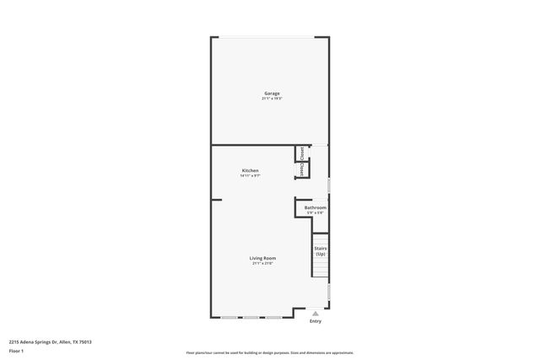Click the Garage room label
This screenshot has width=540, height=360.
click(x=272, y=93)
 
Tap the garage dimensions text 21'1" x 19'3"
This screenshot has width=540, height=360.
click(x=272, y=99)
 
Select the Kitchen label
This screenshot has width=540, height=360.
click(x=250, y=170)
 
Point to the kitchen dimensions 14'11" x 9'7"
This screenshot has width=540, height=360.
click(x=250, y=176)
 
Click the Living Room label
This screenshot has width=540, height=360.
click(x=262, y=258)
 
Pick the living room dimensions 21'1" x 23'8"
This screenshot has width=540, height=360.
click(x=262, y=264)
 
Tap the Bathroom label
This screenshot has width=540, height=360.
click(x=316, y=207)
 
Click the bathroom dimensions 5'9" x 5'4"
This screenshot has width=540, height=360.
click(x=316, y=213)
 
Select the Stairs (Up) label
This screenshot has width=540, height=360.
click(x=321, y=250)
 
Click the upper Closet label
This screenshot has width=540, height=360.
click(x=301, y=153)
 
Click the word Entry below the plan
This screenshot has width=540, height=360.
click(x=316, y=320)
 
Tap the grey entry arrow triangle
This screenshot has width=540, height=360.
click(x=316, y=312)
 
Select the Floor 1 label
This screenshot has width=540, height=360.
click(x=17, y=350)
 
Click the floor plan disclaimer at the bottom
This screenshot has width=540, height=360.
click(x=270, y=352)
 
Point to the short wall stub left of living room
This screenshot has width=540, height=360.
click(x=216, y=200)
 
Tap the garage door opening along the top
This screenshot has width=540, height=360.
click(x=270, y=37)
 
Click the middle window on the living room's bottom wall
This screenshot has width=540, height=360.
click(x=250, y=317)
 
